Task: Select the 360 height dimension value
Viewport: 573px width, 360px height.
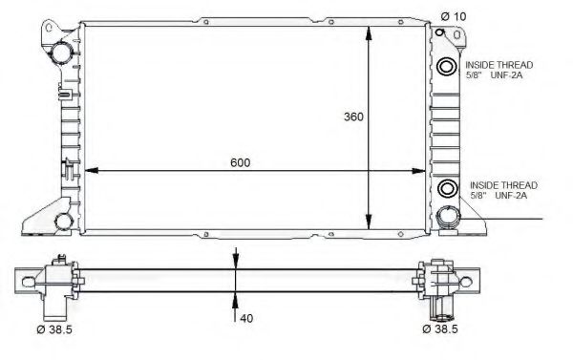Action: (x=354, y=117)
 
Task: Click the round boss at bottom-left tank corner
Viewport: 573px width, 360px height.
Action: (x=63, y=222)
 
